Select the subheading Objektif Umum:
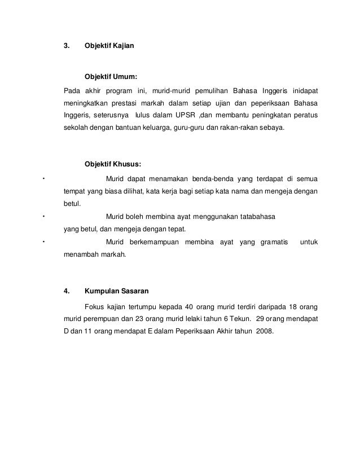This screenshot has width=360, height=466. (111, 76)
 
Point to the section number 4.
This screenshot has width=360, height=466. (66, 292)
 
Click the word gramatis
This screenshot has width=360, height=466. (275, 242)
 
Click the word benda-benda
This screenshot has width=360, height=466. (215, 179)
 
